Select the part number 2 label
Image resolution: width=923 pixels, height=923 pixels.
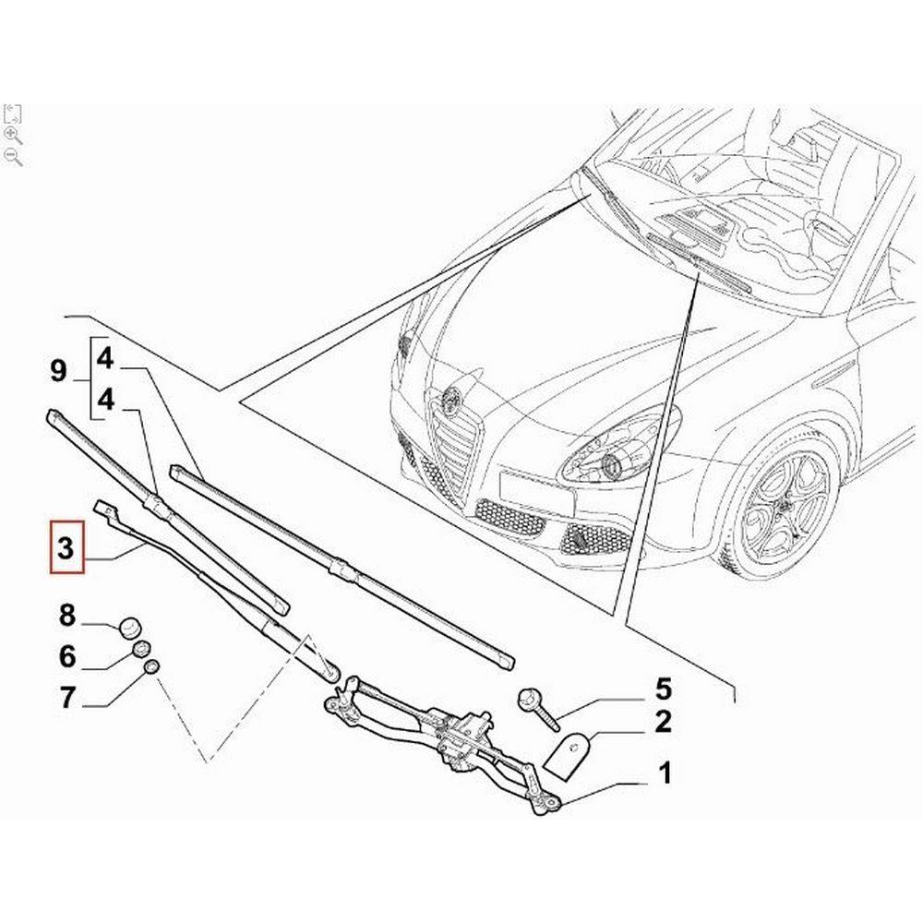click(x=664, y=724)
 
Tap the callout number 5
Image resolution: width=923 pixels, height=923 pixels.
click(x=664, y=689)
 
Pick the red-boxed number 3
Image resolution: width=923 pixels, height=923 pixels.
click(x=66, y=547)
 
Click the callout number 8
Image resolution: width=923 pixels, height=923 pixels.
click(x=66, y=615)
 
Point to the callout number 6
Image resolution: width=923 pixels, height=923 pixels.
click(x=66, y=656)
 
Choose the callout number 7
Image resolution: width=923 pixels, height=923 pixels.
click(x=66, y=698)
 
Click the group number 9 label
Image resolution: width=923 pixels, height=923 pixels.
click(x=58, y=372)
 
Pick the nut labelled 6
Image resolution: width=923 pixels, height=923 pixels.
click(x=143, y=649)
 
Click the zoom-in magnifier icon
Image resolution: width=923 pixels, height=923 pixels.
click(x=13, y=135)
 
